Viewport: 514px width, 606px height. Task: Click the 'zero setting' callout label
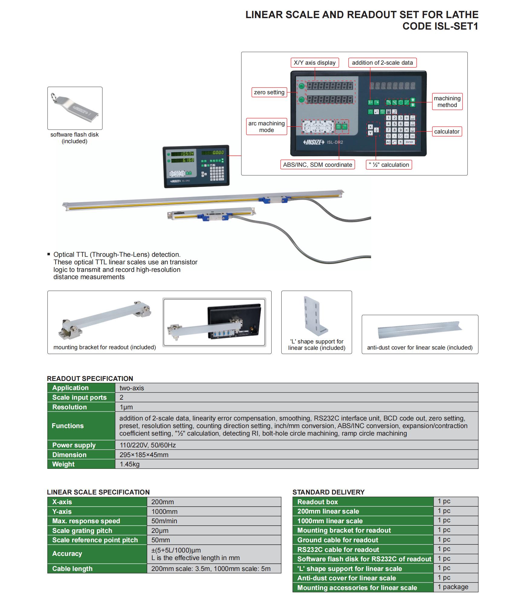(269, 92)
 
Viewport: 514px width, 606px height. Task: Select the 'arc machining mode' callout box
(266, 127)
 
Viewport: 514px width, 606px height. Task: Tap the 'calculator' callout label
(447, 131)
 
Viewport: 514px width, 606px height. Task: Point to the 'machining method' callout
(447, 102)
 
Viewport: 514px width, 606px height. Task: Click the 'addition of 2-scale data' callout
(382, 63)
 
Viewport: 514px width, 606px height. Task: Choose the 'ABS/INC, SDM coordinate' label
(317, 165)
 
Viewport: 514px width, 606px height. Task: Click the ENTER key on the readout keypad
(409, 142)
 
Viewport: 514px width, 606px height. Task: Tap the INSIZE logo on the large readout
(313, 142)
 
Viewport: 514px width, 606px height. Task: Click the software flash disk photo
(75, 108)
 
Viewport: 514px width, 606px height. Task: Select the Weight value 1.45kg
(130, 464)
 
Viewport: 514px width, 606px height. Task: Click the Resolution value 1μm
(126, 407)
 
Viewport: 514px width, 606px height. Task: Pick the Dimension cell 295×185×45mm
(144, 455)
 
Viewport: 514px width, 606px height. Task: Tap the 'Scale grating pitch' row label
(82, 530)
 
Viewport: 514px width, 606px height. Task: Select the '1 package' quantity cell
(453, 587)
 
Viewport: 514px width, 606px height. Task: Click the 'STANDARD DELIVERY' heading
(328, 492)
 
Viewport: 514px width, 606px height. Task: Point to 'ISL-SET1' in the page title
(456, 27)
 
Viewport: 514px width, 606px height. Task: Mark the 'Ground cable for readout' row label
(338, 540)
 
